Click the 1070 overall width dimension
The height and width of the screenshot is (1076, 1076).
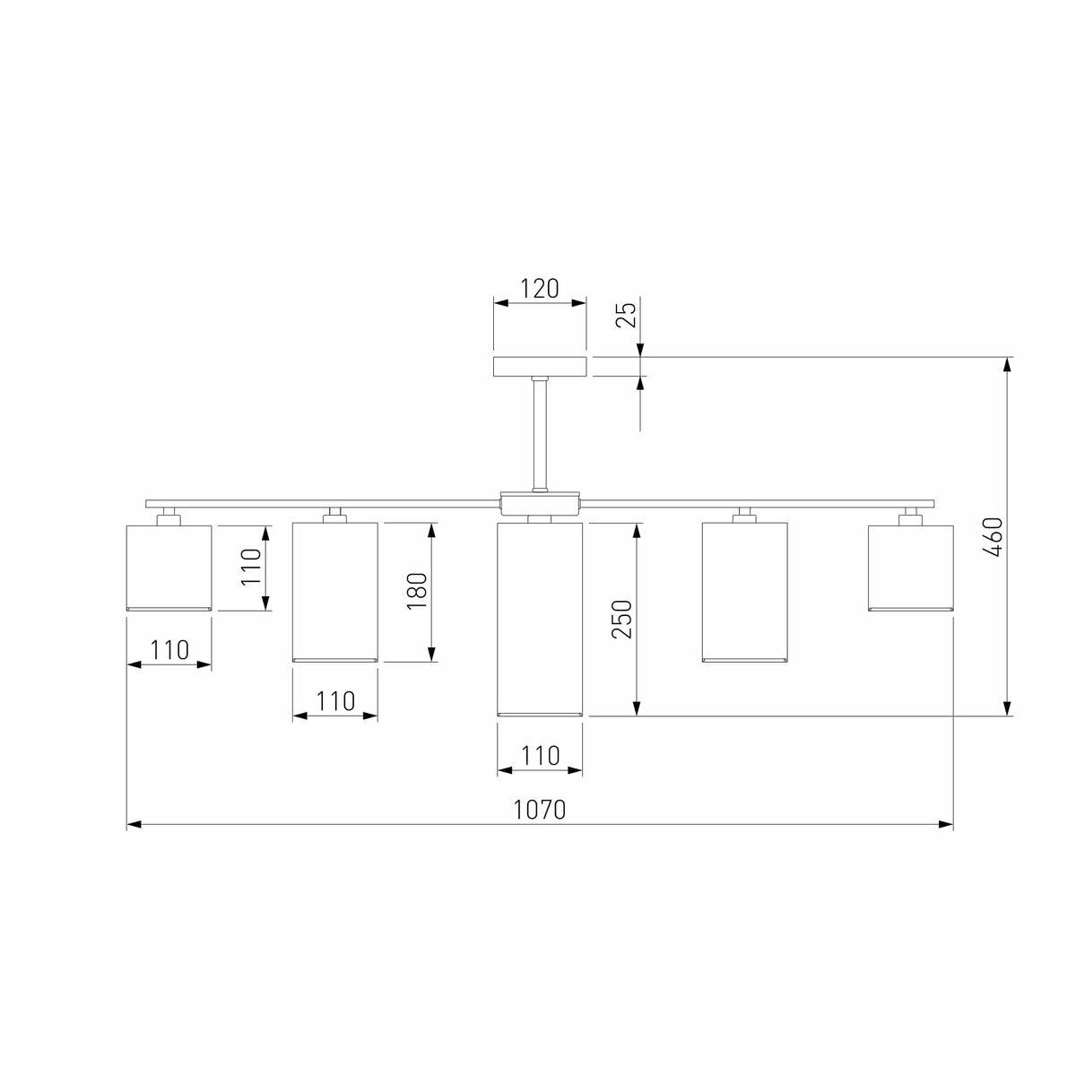click(539, 810)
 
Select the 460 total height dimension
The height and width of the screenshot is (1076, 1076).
click(993, 538)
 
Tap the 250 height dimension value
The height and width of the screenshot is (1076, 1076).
click(621, 619)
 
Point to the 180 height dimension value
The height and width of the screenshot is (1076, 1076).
click(417, 591)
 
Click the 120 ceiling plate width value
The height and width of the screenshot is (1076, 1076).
click(540, 289)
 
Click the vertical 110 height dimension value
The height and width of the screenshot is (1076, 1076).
click(251, 567)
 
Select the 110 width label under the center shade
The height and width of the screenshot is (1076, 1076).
click(540, 756)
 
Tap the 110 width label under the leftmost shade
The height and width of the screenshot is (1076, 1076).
click(169, 649)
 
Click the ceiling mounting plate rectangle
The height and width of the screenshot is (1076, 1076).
click(540, 367)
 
